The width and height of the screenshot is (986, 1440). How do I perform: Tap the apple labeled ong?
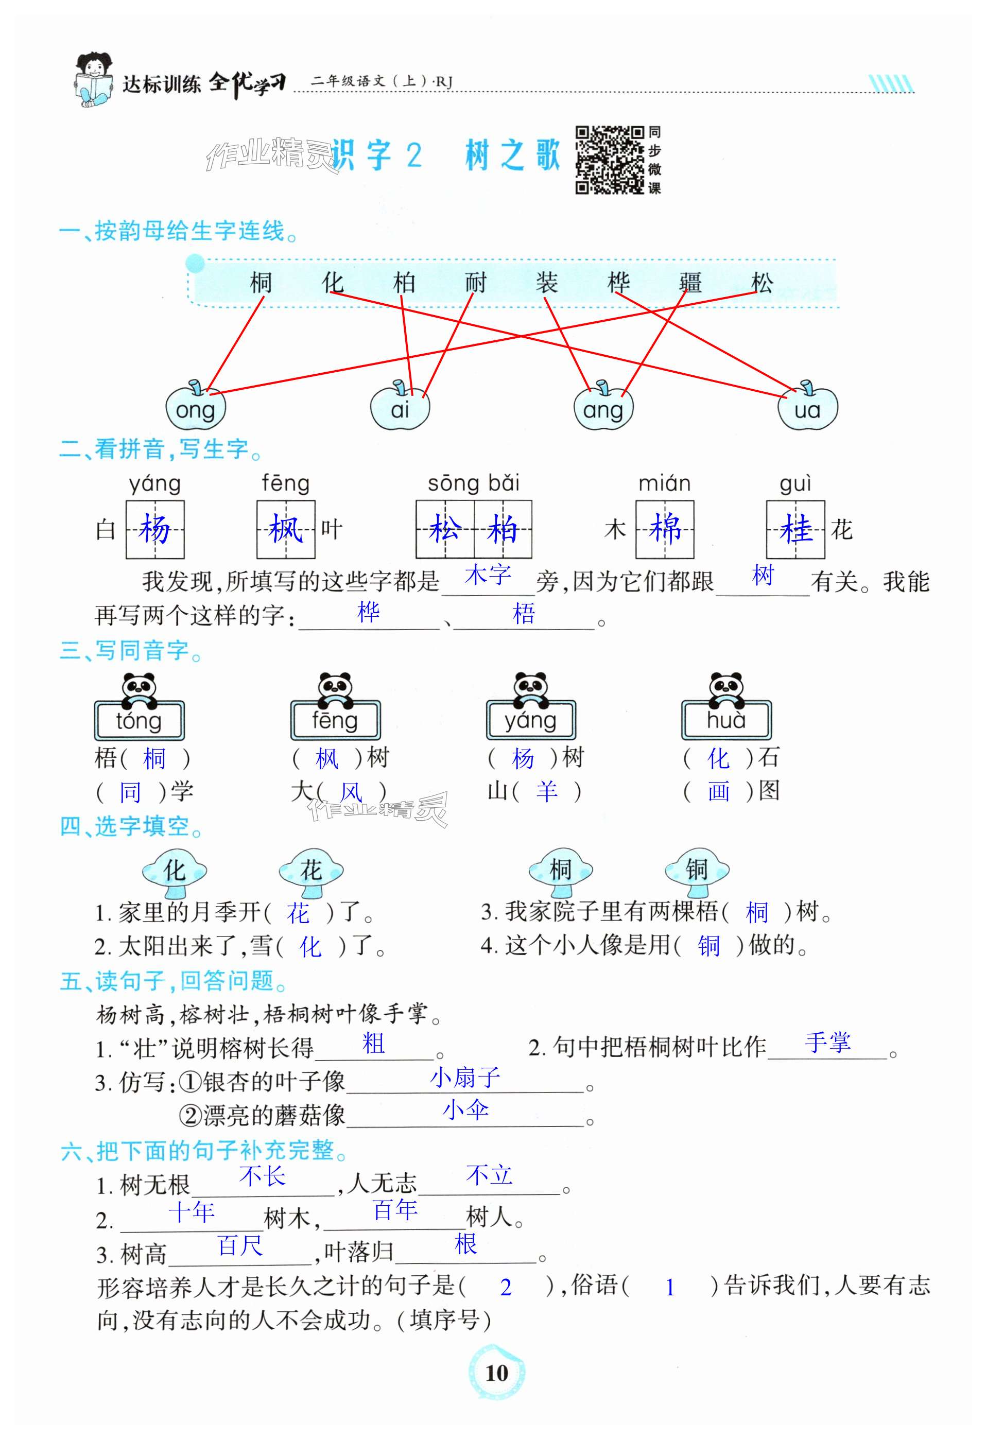pyautogui.click(x=195, y=408)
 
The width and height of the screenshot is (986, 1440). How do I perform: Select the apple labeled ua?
pyautogui.click(x=807, y=408)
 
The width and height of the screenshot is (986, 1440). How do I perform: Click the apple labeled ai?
pyautogui.click(x=400, y=408)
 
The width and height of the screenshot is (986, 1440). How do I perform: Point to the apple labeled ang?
pyautogui.click(x=603, y=408)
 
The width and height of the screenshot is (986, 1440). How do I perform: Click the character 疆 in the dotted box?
pyautogui.click(x=690, y=283)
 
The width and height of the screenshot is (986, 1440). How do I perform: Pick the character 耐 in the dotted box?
pyautogui.click(x=475, y=283)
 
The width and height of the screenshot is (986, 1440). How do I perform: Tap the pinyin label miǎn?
pyautogui.click(x=664, y=483)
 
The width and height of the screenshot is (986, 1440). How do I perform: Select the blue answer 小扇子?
pyautogui.click(x=465, y=1078)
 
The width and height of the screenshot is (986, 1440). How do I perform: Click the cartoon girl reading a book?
pyautogui.click(x=94, y=79)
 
